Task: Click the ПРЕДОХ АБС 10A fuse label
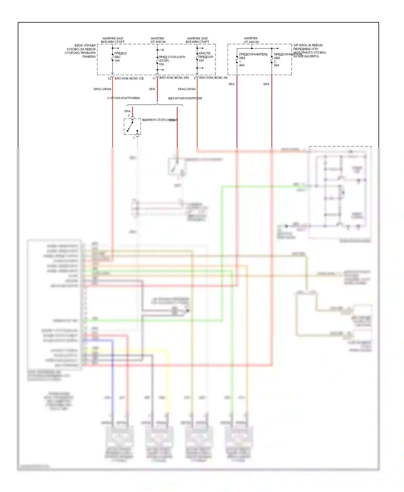coord(120,57)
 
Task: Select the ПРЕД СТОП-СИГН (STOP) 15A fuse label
coord(172,61)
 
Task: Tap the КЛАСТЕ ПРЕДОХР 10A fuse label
coord(206,57)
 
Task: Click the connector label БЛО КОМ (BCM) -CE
coord(129,78)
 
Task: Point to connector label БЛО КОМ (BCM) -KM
coord(174,78)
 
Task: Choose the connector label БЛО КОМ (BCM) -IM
coord(213,78)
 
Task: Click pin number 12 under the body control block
coord(109,79)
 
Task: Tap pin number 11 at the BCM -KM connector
coord(154,79)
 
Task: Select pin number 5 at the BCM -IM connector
coord(194,79)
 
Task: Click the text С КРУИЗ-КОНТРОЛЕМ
coord(123,98)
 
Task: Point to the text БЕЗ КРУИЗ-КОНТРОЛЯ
coord(185,98)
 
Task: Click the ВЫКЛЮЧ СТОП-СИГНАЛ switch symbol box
coord(132,126)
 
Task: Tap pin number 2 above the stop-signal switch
coord(129,115)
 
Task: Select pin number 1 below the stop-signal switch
coord(134,138)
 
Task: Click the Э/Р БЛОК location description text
coord(309,51)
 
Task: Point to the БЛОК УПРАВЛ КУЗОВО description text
coord(80,51)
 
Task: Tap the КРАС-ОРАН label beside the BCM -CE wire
coord(102,89)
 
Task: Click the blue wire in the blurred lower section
coord(112,377)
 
